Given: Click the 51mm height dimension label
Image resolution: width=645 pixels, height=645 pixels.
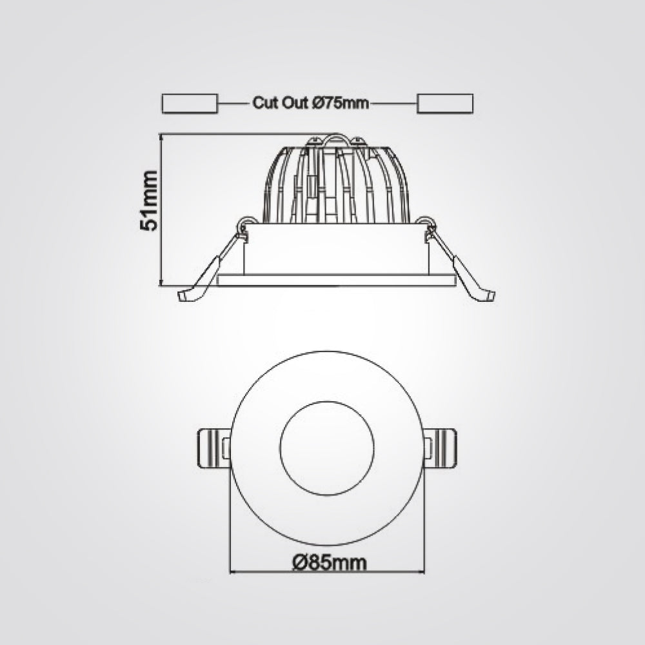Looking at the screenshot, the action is pos(148,200).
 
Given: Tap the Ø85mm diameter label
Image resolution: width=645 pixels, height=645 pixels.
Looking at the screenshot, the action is pos(330,562).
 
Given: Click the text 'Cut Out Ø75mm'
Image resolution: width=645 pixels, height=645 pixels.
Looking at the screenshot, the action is pos(311,103).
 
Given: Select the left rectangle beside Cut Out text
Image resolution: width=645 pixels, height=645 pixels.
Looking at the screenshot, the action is pos(190,103).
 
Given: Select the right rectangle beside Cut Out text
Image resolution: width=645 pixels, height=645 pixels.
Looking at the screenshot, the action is pos(445,103).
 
